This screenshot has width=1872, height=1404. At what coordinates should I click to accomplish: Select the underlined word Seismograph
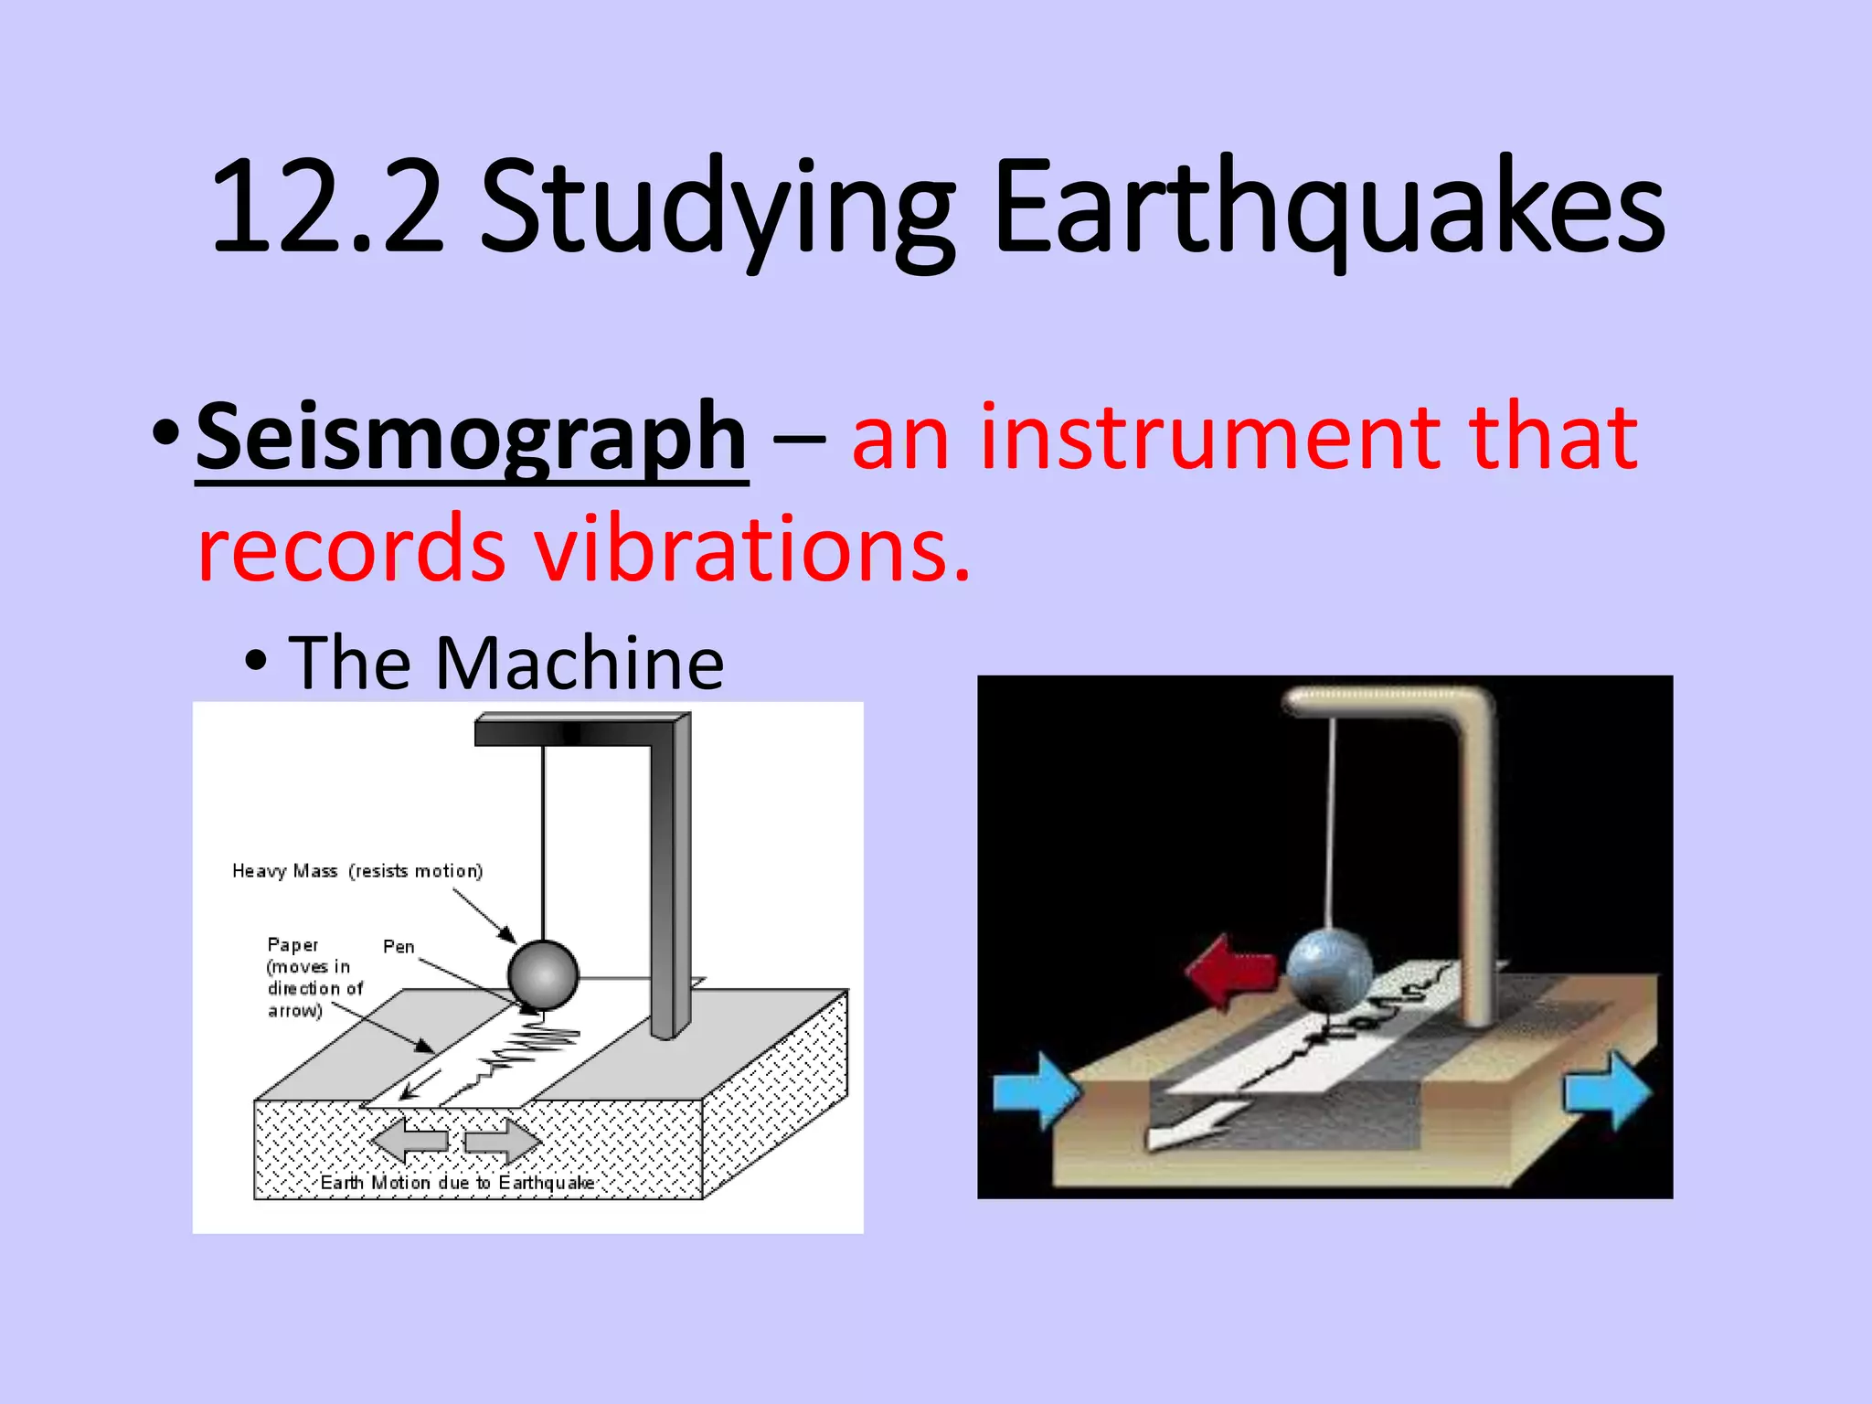[x=472, y=437]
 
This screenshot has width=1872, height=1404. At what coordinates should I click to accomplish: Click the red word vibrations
[x=751, y=548]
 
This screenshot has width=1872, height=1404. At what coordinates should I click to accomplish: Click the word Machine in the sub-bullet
[x=580, y=663]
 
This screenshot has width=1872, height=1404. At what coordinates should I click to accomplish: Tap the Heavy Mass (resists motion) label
[x=357, y=871]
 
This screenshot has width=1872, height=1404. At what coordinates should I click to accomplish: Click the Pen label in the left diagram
[x=399, y=947]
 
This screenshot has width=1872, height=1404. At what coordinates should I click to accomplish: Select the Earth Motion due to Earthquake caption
[x=457, y=1183]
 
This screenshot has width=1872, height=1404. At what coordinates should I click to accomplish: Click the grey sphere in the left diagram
[x=543, y=974]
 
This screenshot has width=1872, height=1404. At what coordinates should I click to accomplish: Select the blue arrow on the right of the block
[x=1607, y=1090]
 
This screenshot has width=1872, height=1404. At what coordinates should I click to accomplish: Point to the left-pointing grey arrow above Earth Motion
[x=409, y=1140]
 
